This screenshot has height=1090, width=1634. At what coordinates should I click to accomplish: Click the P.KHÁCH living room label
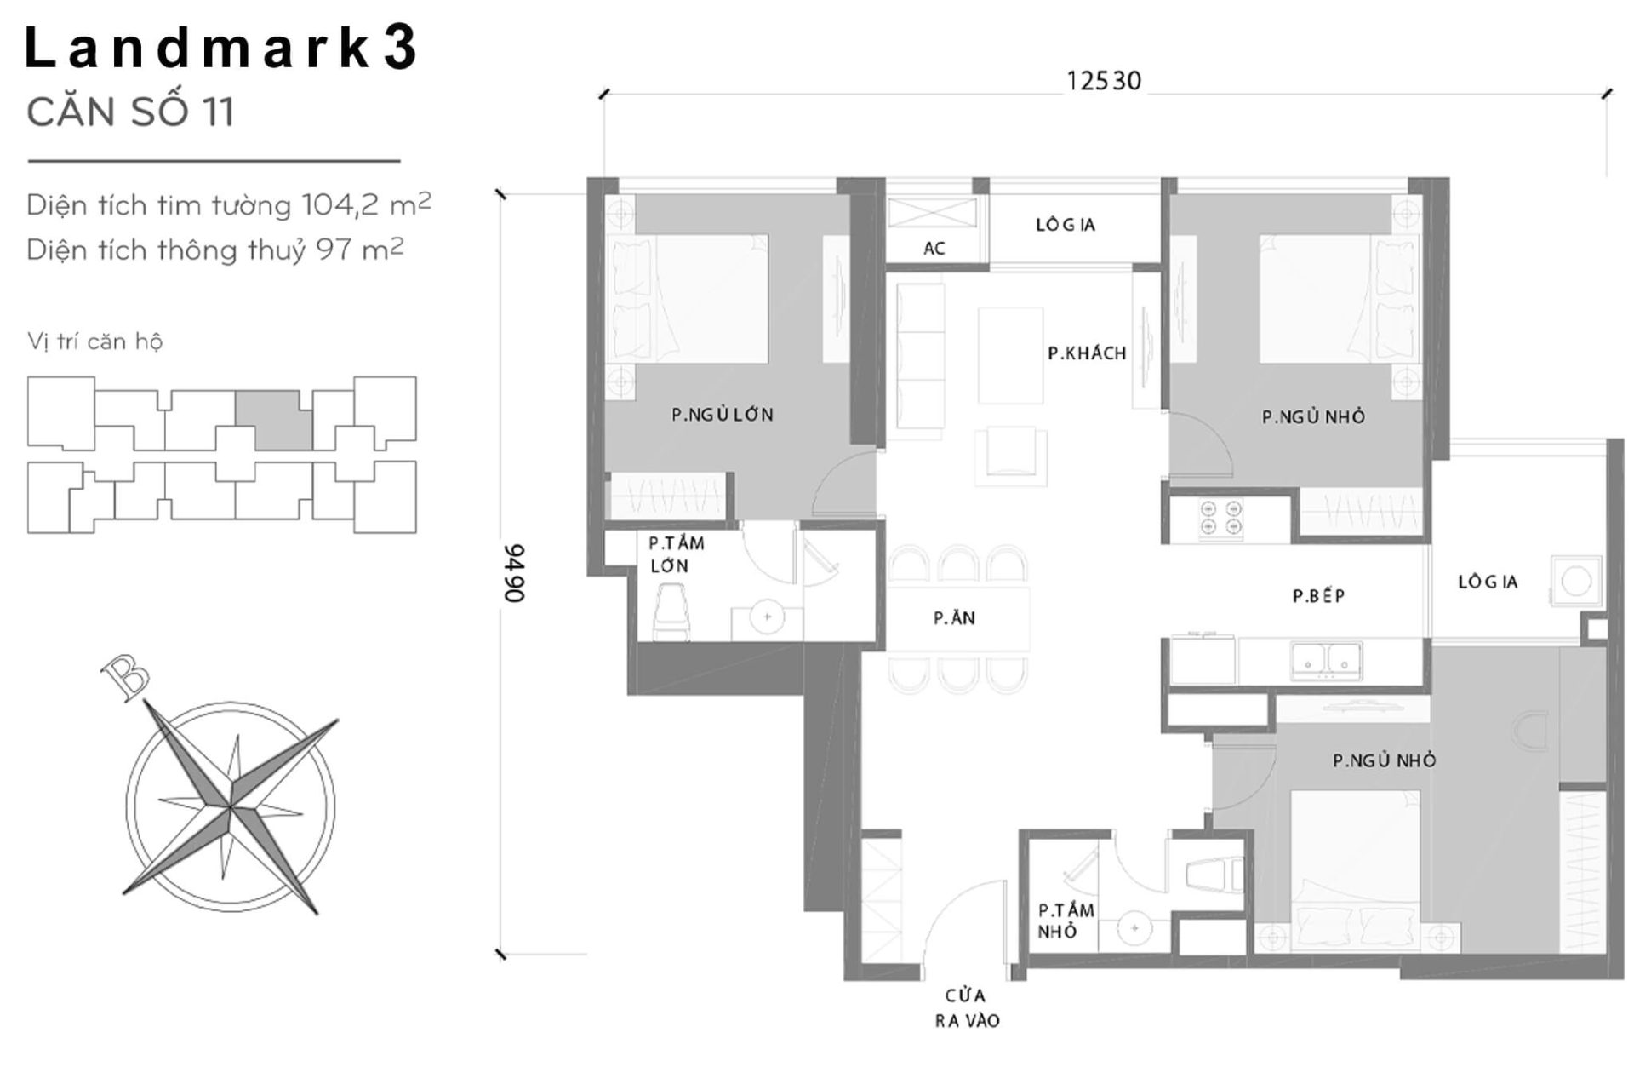1087,353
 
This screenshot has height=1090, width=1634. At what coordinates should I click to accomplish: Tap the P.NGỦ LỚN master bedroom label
722,415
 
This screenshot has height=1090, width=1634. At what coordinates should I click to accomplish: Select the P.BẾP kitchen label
1318,596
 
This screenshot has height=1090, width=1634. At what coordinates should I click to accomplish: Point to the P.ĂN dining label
954,618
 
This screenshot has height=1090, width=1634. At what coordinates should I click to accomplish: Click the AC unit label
934,249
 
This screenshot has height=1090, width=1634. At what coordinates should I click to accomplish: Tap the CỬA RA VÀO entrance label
966,1007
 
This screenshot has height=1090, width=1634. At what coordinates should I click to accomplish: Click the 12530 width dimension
1103,81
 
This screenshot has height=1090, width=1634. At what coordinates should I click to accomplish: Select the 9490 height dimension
514,573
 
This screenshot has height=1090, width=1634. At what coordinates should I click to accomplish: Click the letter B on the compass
125,678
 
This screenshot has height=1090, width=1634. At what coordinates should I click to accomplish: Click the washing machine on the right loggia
1576,582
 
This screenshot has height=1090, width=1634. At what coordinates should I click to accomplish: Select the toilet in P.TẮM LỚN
671,611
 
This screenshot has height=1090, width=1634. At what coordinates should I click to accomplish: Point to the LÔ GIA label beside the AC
1065,225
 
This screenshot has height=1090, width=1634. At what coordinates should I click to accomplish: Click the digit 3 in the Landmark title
399,49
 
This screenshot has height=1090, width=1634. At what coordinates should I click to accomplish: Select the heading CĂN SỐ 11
130,113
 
